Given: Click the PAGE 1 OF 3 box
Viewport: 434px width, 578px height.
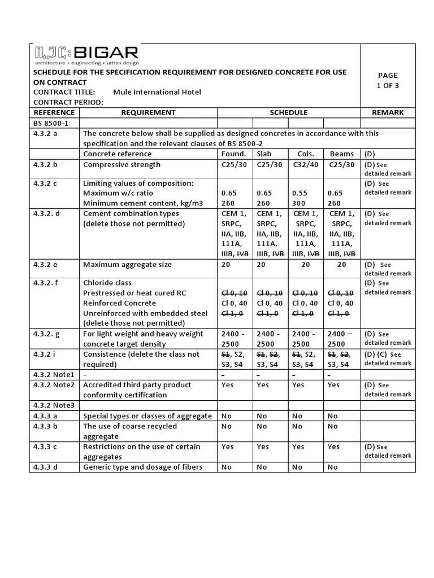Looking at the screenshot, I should coord(387,80).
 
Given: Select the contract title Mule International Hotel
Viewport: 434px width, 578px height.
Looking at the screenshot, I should coord(157,92).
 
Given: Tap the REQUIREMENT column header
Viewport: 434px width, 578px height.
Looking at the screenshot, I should coord(148,112).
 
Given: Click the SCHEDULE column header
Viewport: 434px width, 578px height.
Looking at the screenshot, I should coord(288,112).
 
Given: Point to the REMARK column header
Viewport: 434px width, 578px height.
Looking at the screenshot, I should coord(387,112).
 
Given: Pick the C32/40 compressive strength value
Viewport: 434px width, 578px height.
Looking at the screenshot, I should coord(305,165).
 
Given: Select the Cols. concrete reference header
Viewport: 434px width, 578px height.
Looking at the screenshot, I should coord(305,154).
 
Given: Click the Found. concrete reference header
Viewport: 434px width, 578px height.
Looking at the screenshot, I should coord(234,154).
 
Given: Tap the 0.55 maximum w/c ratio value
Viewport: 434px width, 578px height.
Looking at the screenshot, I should coord(300,193).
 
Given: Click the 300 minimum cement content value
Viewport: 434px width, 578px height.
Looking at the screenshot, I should coord(299,203).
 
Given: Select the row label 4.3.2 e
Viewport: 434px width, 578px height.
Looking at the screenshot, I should coord(49,265).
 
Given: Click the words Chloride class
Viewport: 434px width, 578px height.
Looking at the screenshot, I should coord(107,283).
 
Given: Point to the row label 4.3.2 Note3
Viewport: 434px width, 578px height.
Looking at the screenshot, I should coord(54,405).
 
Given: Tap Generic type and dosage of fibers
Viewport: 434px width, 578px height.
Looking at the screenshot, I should coord(142,467).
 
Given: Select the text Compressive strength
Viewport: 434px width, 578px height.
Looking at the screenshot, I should coord(121,165).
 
